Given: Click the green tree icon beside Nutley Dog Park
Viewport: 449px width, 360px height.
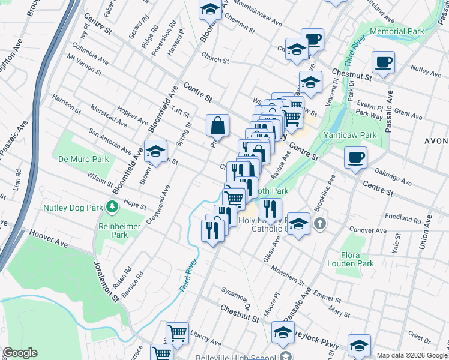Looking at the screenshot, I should coord(112,208).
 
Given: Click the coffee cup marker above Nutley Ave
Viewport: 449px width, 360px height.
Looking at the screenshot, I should coord(383,61).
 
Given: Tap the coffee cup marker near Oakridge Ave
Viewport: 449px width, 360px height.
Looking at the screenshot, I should coord(355,158).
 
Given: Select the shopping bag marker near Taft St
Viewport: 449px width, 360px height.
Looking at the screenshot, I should coord(217,125).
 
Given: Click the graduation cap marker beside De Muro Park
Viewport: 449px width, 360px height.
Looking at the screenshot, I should coord(155,152).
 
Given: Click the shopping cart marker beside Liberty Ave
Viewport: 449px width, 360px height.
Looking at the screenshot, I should coord(177,332).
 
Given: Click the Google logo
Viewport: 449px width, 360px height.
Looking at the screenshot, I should coord(20,353).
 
